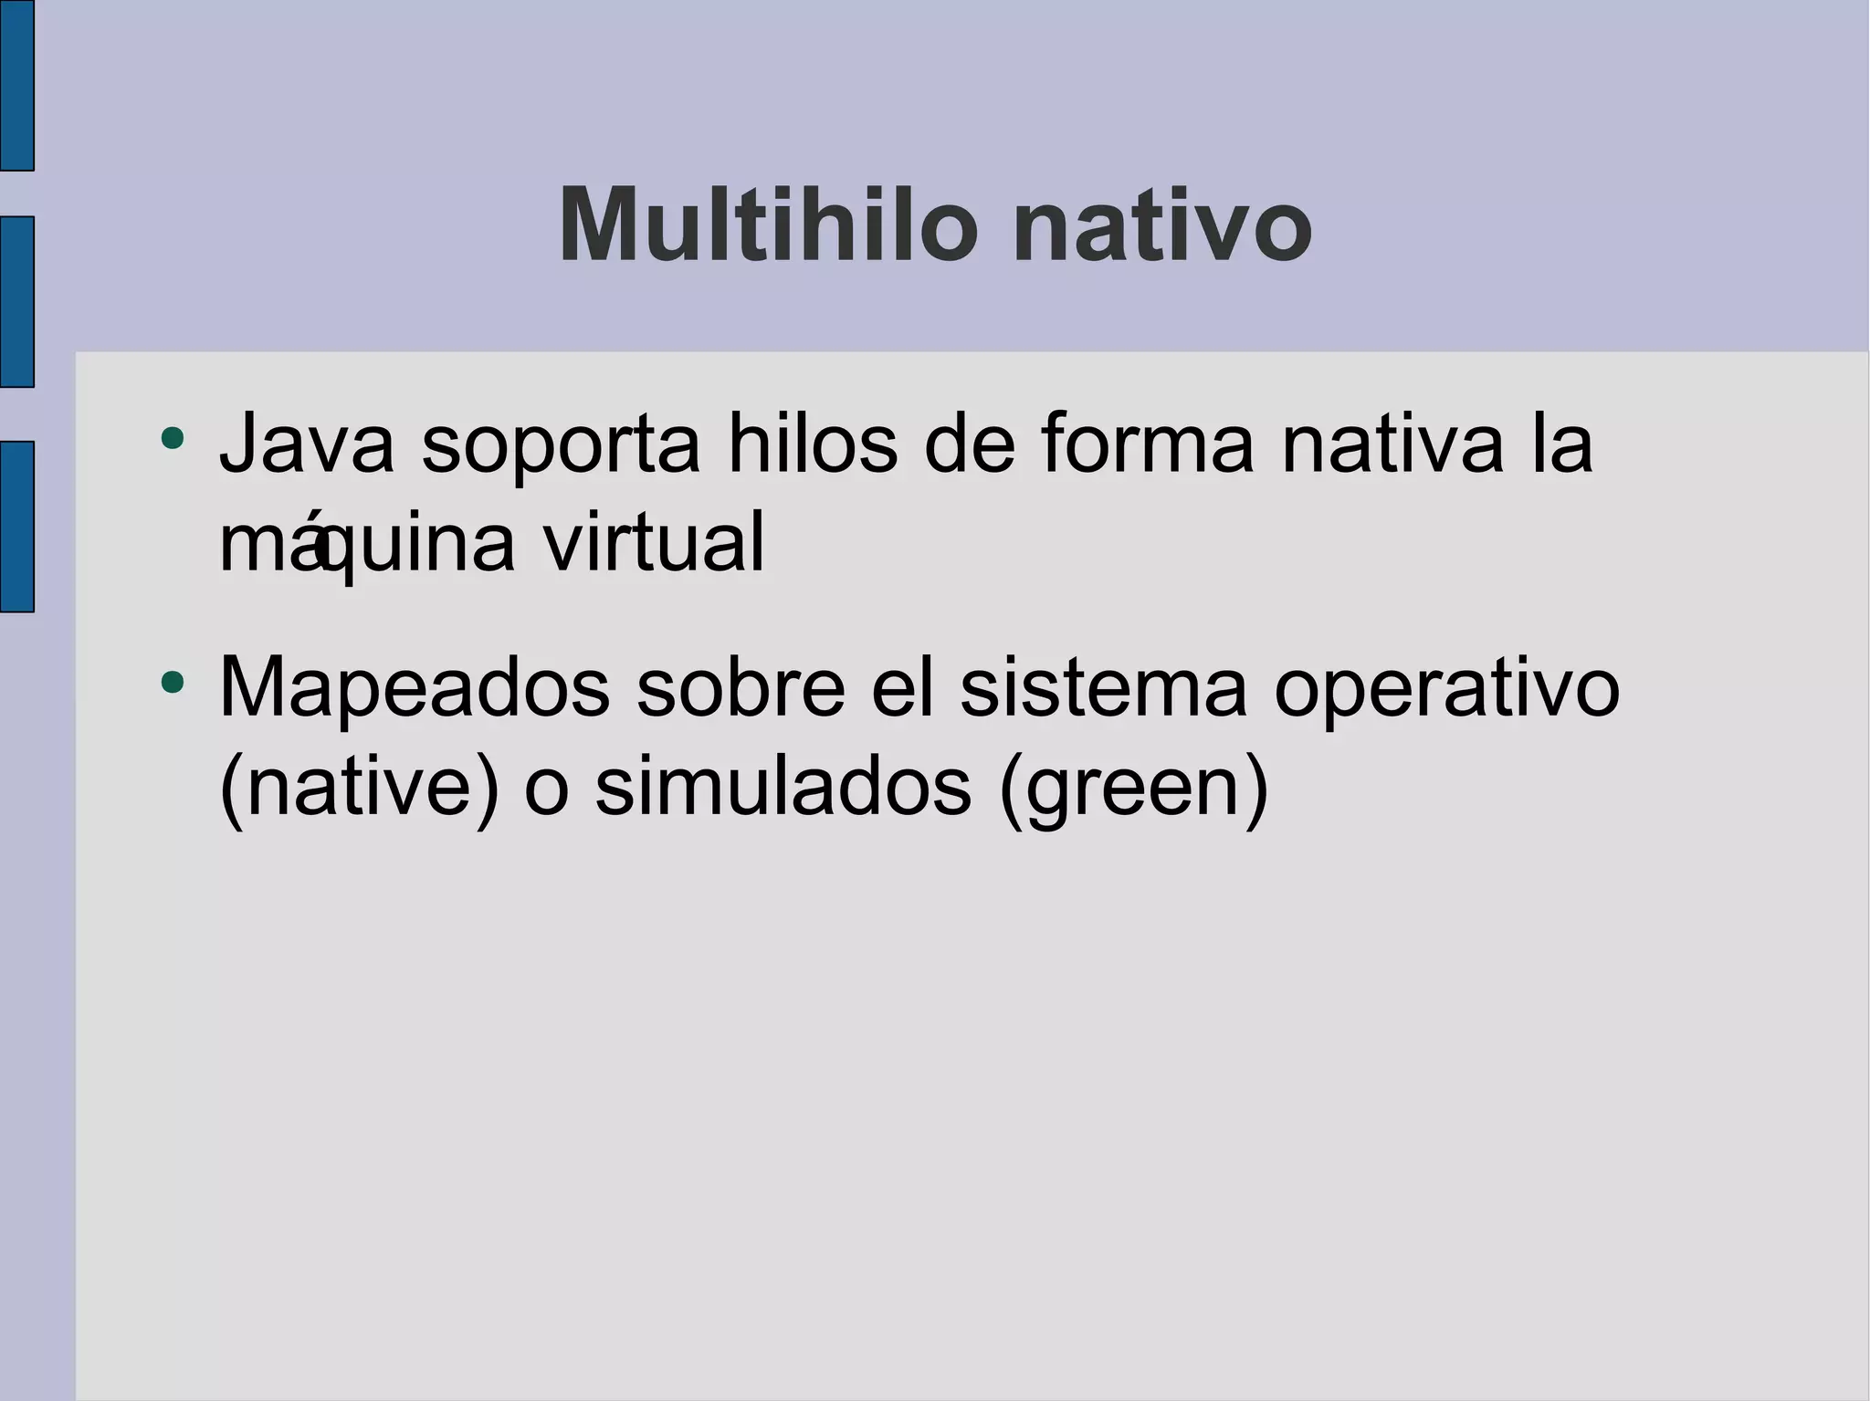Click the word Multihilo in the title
click(x=767, y=225)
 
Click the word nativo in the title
click(x=1161, y=226)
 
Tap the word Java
click(x=307, y=444)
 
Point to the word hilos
click(x=812, y=444)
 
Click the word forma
click(x=1148, y=444)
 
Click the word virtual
click(x=654, y=544)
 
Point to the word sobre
click(x=741, y=688)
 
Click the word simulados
click(x=783, y=787)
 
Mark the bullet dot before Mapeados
click(x=172, y=682)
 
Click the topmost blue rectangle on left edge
click(x=16, y=85)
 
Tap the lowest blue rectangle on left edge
click(x=16, y=527)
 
